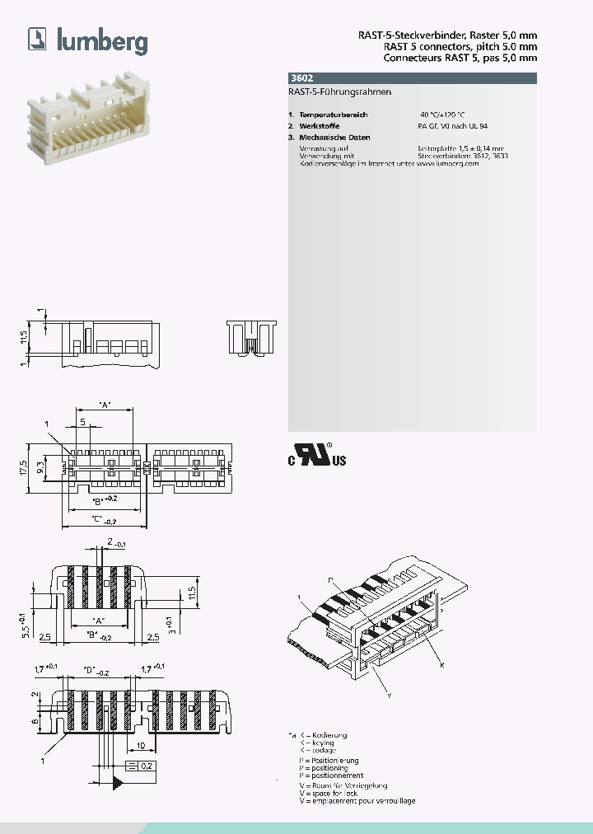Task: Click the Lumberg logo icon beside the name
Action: (38, 39)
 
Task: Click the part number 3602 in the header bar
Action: (301, 78)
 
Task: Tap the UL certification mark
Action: (317, 455)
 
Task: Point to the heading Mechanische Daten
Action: (335, 138)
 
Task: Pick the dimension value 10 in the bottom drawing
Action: (142, 747)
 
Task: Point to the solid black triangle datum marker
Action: (117, 780)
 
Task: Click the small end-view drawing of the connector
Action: (252, 339)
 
